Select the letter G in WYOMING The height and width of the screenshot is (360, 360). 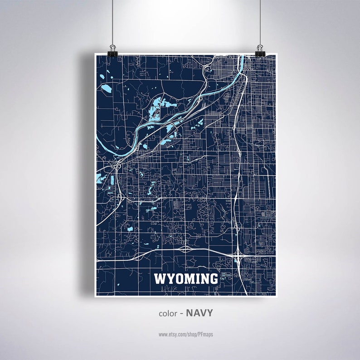pyautogui.click(x=212, y=279)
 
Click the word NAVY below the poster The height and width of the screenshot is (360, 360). pyautogui.click(x=199, y=313)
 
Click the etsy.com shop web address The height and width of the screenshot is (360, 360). pyautogui.click(x=185, y=334)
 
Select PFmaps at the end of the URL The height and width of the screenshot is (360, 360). pyautogui.click(x=205, y=334)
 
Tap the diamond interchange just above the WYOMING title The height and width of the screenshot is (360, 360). pyautogui.click(x=185, y=249)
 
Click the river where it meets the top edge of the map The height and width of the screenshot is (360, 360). pyautogui.click(x=241, y=58)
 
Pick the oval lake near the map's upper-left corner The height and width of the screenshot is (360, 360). pyautogui.click(x=106, y=87)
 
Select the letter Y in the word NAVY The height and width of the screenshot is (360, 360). pyautogui.click(x=209, y=313)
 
